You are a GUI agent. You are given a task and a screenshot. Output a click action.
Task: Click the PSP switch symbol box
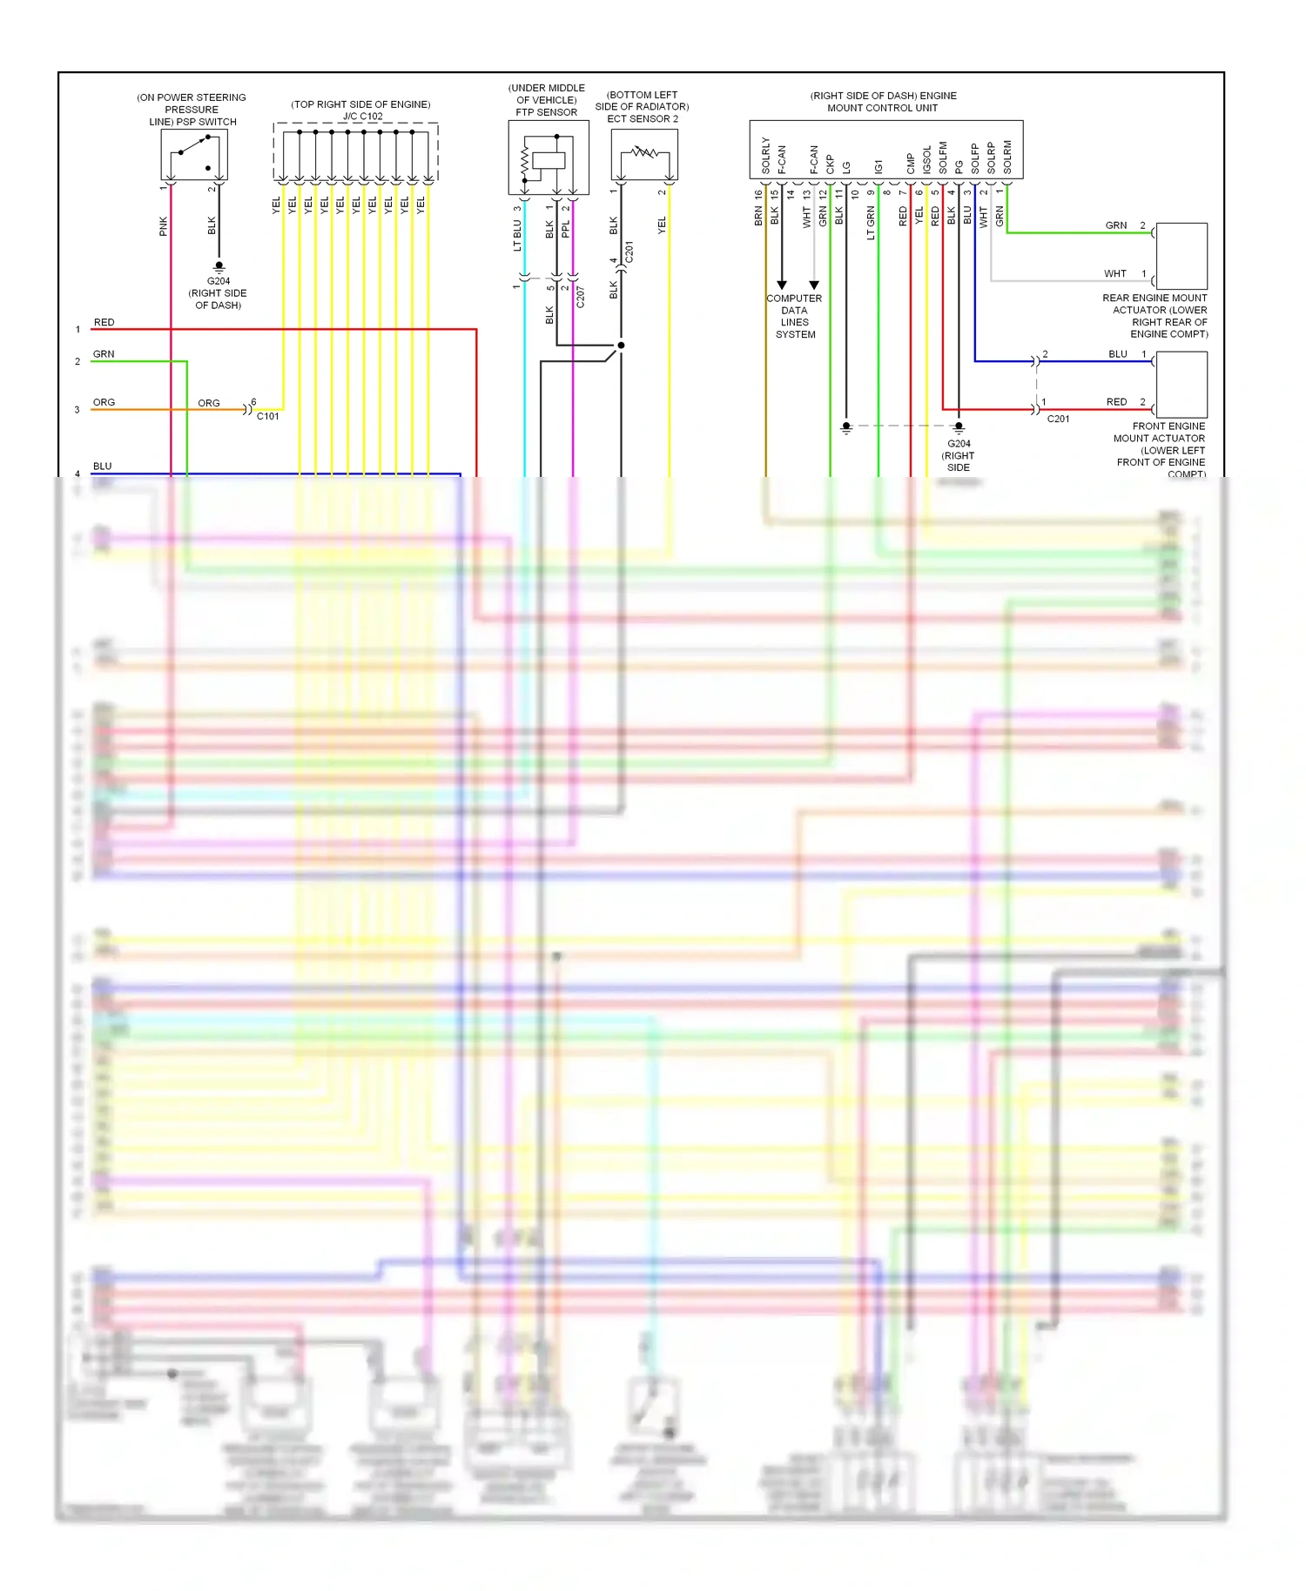coord(193,155)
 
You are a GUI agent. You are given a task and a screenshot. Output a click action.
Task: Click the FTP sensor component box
coord(549,158)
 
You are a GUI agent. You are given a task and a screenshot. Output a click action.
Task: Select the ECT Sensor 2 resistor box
coord(644,155)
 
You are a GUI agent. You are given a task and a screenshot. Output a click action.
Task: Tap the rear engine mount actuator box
coord(1181,256)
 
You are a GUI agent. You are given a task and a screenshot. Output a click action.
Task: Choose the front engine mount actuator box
coord(1181,385)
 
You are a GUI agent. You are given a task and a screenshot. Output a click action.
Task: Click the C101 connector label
coord(268,417)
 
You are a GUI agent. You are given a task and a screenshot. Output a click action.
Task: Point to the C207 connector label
coord(581,297)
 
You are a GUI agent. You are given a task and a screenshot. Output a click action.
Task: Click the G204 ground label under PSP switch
coord(219,281)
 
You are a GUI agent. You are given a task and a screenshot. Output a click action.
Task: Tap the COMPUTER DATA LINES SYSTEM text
coord(794,316)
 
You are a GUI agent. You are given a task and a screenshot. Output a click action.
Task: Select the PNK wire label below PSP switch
coord(164,226)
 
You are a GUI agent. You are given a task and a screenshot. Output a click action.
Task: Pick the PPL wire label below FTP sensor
coord(566,229)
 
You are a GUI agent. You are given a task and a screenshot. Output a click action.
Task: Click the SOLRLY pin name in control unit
coord(766,155)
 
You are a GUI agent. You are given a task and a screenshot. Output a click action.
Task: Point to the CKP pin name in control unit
coord(831,164)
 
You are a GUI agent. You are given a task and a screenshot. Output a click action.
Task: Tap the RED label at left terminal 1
coord(104,322)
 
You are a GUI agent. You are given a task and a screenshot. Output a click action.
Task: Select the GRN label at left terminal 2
coord(104,354)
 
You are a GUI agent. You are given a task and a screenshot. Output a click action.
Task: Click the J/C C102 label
coord(362,116)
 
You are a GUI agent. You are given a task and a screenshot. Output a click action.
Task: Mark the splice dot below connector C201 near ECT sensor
coord(621,346)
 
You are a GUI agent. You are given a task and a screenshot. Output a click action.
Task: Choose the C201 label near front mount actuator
coord(1058,419)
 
